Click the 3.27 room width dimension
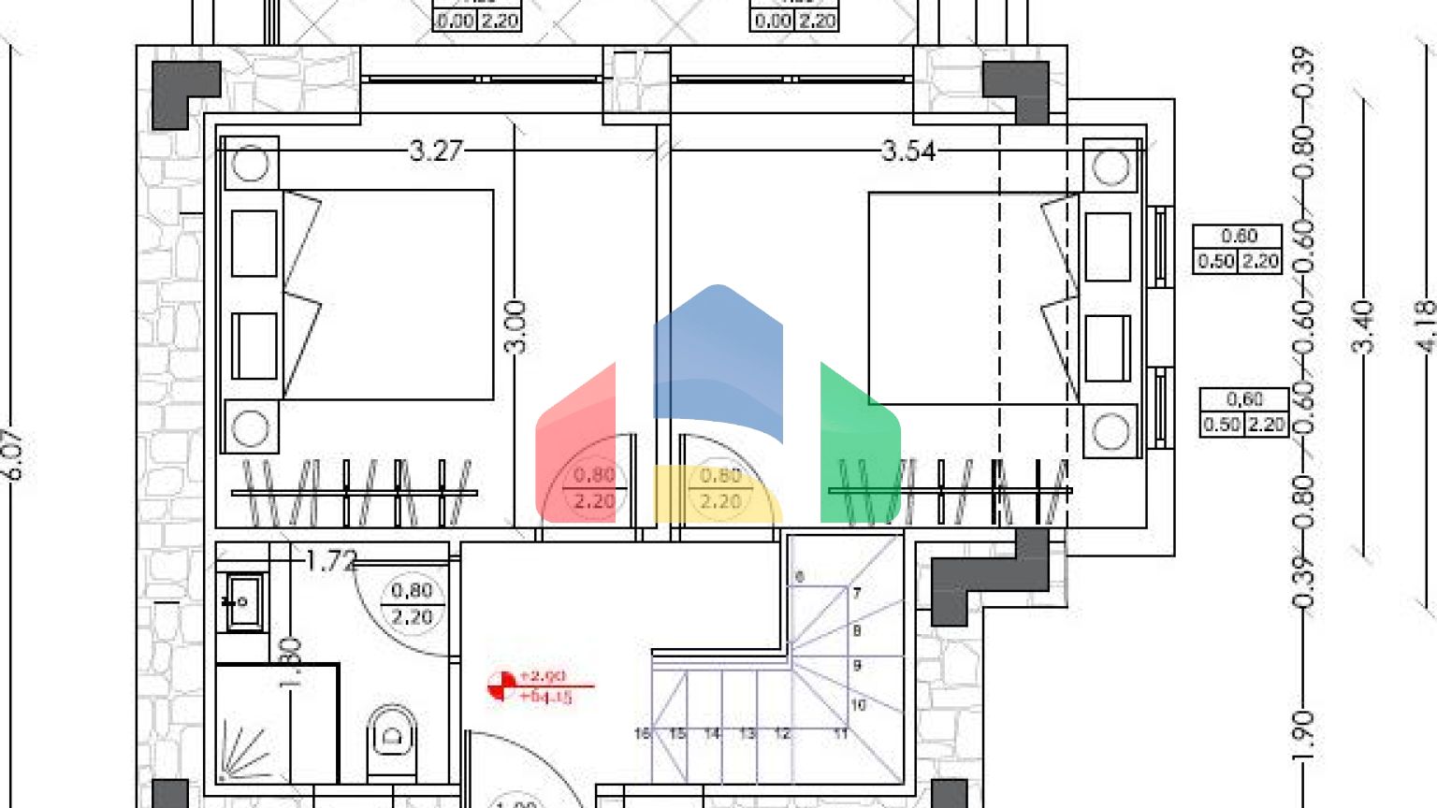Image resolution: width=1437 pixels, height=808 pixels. tap(436, 151)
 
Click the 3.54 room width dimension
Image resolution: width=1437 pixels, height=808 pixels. tap(908, 151)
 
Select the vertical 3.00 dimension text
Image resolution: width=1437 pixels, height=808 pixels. tap(515, 326)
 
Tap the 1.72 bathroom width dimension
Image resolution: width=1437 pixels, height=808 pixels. tap(331, 561)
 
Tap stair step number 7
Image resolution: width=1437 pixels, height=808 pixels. tap(857, 593)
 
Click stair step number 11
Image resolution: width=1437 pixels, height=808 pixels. tap(840, 734)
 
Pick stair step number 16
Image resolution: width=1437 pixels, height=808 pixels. tap(642, 734)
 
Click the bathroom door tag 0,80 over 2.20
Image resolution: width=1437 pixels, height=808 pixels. tap(412, 604)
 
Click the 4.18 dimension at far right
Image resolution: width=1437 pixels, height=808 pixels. tap(1424, 325)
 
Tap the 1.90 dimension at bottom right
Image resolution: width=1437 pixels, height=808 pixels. tap(1305, 734)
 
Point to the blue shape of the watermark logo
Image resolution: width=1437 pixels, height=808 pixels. tap(718, 355)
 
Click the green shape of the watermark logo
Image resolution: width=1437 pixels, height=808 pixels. tap(856, 449)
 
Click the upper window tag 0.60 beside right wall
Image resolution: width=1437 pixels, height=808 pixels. tap(1239, 249)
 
